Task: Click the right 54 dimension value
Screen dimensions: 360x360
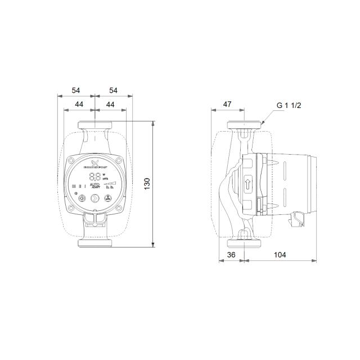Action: click(113, 90)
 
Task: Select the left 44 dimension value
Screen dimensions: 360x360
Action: click(80, 105)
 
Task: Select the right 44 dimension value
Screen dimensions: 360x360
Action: click(110, 105)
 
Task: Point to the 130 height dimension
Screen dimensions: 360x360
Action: click(147, 184)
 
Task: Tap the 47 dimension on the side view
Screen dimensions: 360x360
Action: click(227, 105)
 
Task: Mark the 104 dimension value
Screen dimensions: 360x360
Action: click(280, 255)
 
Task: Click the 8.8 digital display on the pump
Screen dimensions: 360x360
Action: click(95, 176)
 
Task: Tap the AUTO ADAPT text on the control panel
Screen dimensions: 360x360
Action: click(96, 186)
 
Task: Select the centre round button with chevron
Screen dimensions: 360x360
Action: click(95, 198)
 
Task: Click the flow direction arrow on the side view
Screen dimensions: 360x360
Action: click(248, 183)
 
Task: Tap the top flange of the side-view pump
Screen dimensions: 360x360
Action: click(245, 125)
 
